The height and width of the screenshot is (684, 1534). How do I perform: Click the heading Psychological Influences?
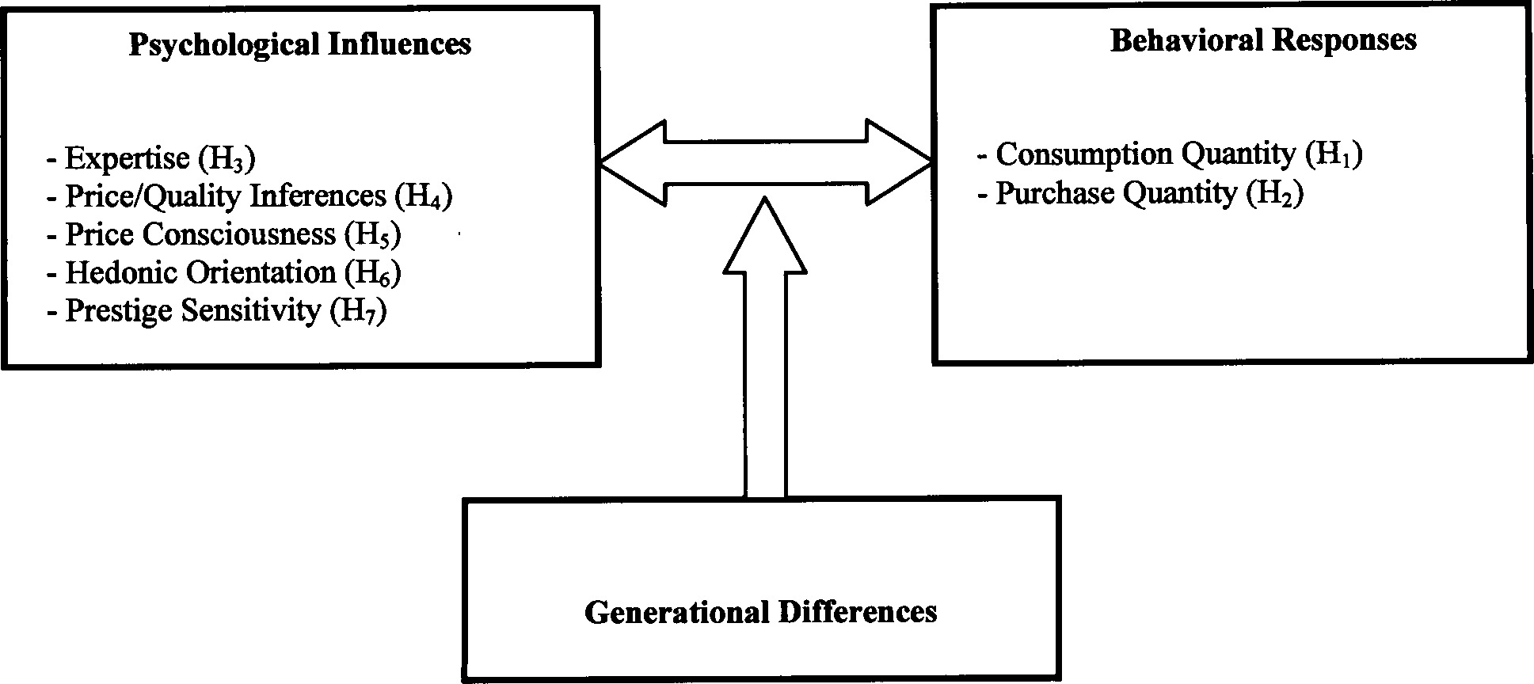coord(299,44)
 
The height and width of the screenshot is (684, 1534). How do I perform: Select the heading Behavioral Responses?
coord(1263,40)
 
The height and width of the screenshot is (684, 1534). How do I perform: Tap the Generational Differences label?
coord(760,612)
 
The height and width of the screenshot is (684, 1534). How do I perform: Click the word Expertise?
coord(127,158)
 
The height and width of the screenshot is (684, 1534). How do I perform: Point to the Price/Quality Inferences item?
coord(225,196)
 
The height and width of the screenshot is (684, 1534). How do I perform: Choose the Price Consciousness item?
coord(200,234)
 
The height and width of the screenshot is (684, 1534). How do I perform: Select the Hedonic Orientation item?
coord(200,272)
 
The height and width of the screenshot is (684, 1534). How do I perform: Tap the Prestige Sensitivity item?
coord(192,310)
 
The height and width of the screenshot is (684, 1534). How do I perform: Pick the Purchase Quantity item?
coord(1115,193)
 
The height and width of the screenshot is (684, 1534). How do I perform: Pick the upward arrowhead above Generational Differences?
coord(765,237)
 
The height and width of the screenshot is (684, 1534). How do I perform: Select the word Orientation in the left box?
coord(261,272)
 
